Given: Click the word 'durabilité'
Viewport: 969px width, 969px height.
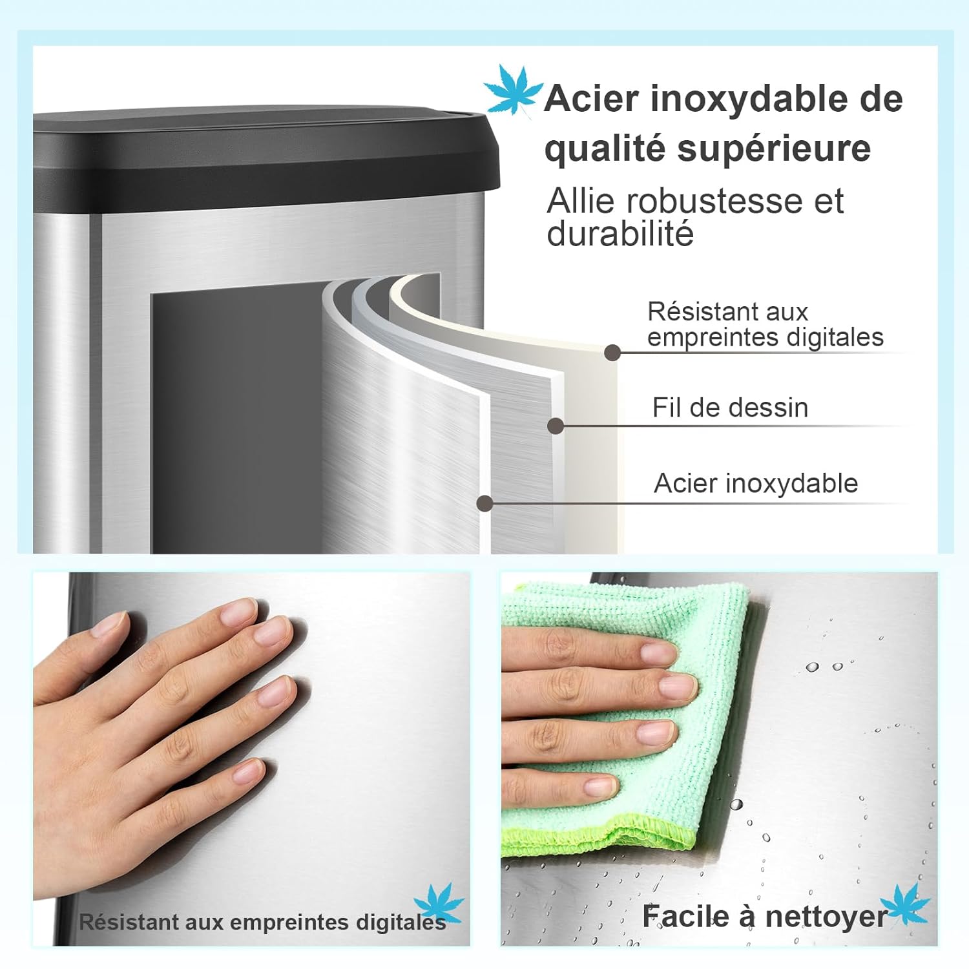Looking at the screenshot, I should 620,234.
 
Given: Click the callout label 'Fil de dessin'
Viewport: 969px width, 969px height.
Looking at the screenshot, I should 730,408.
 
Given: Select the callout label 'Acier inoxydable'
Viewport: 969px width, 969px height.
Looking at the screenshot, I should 756,483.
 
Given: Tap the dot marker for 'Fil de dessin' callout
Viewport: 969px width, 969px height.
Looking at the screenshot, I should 556,426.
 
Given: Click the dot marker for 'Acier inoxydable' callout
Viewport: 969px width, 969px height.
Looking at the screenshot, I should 484,503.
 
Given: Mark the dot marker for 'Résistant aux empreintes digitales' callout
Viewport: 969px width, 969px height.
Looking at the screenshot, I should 612,353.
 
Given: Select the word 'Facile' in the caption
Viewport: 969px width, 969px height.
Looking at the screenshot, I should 685,917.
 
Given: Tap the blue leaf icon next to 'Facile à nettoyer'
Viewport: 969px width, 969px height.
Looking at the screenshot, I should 904,904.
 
